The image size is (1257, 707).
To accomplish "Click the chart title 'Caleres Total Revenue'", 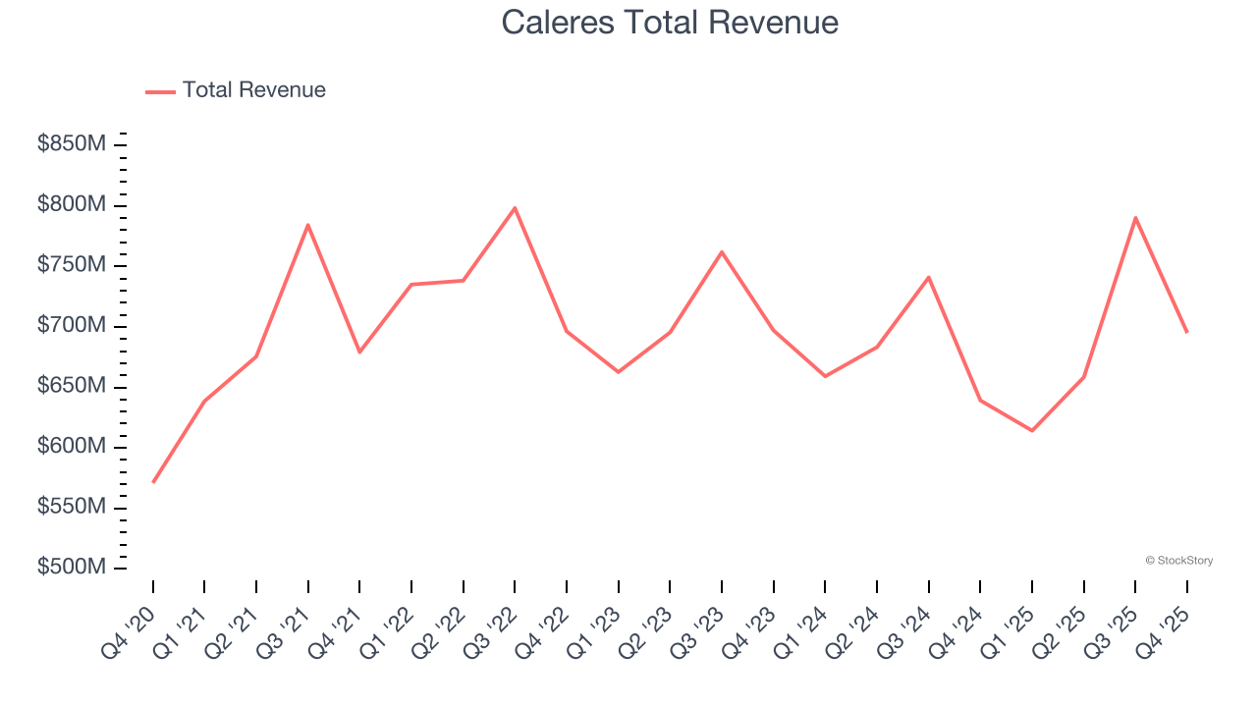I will tap(670, 23).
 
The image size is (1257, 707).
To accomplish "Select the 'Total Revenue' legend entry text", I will tap(253, 90).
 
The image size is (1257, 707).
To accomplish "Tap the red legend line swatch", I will tap(160, 91).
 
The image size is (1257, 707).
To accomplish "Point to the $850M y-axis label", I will tap(72, 144).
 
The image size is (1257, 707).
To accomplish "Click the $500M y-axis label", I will tap(72, 568).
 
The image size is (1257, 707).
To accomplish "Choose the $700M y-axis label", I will tap(72, 326).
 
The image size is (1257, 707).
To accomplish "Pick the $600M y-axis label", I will tap(72, 447).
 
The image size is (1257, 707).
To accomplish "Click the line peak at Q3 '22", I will tap(515, 208).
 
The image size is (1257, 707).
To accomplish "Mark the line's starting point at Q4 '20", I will tap(153, 482).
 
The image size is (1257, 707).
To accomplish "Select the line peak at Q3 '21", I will tap(308, 225).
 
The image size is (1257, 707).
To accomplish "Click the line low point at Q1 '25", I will tap(1032, 430).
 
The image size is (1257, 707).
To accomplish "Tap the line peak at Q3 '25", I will tap(1135, 218).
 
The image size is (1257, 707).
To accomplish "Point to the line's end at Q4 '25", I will tap(1186, 332).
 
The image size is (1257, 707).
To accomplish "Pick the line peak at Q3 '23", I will tap(722, 252).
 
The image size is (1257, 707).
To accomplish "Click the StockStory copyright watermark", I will tap(1178, 561).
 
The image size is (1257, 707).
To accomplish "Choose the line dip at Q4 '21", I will tap(359, 352).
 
